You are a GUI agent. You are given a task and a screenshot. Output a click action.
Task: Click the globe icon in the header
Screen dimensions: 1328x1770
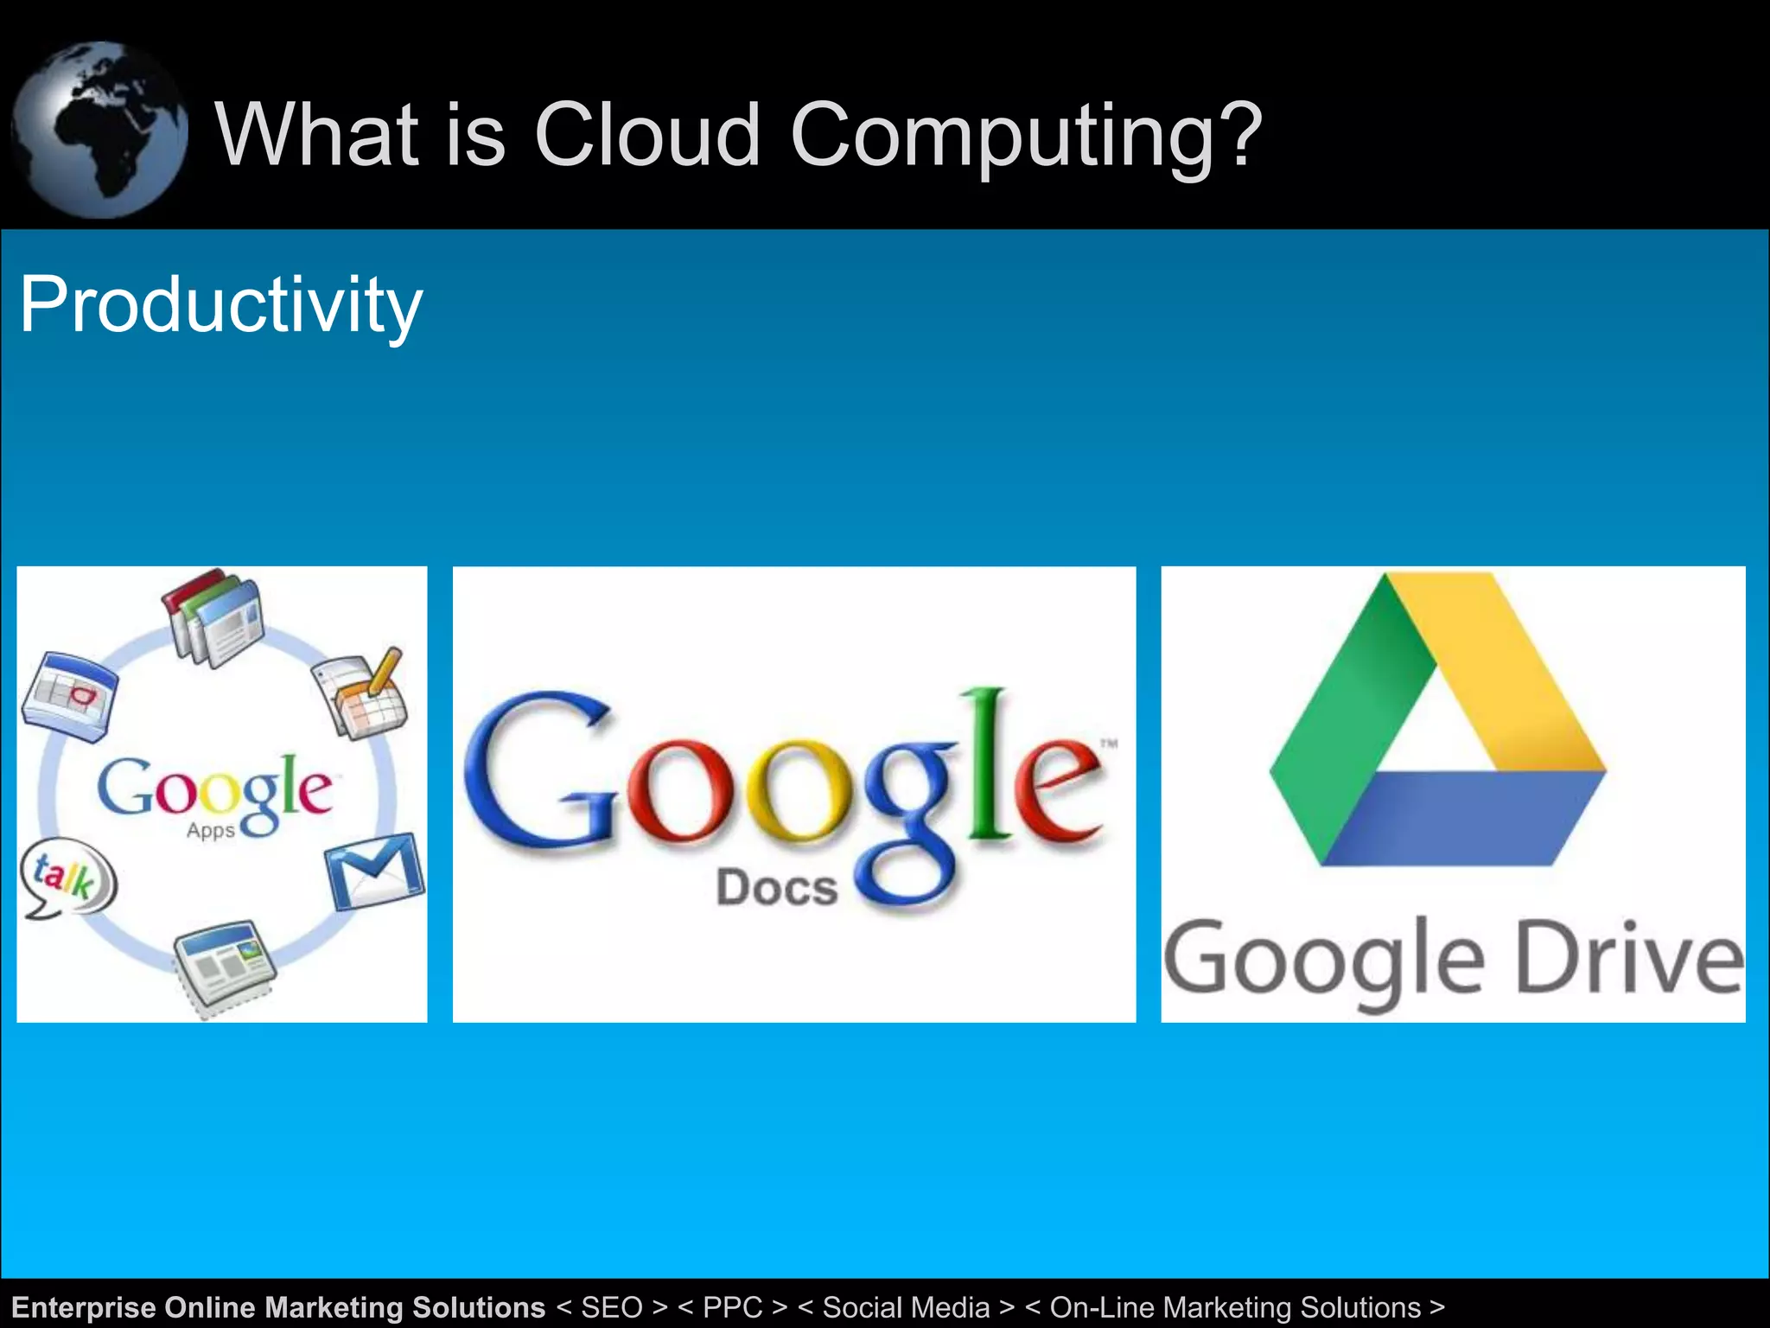point(99,130)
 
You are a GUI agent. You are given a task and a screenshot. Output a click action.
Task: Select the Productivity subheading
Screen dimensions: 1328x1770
point(220,304)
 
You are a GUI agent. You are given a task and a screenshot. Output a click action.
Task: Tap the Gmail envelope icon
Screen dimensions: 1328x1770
point(375,871)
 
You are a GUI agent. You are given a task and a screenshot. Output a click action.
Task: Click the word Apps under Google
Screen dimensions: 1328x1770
point(210,831)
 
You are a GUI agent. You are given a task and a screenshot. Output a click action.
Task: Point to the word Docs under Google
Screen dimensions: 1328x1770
point(777,888)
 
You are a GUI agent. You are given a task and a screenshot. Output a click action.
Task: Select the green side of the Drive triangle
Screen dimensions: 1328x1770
point(1348,718)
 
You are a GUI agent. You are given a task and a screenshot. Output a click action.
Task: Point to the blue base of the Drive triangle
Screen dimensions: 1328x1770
point(1461,817)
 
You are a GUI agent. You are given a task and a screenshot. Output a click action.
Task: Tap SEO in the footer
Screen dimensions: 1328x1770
point(611,1307)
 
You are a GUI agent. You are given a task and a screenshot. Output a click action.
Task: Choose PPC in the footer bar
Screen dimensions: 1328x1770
point(732,1307)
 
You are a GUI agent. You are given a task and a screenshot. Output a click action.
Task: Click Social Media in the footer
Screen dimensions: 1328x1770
point(905,1307)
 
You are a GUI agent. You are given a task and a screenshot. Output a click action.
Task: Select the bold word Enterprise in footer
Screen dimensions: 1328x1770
point(84,1307)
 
